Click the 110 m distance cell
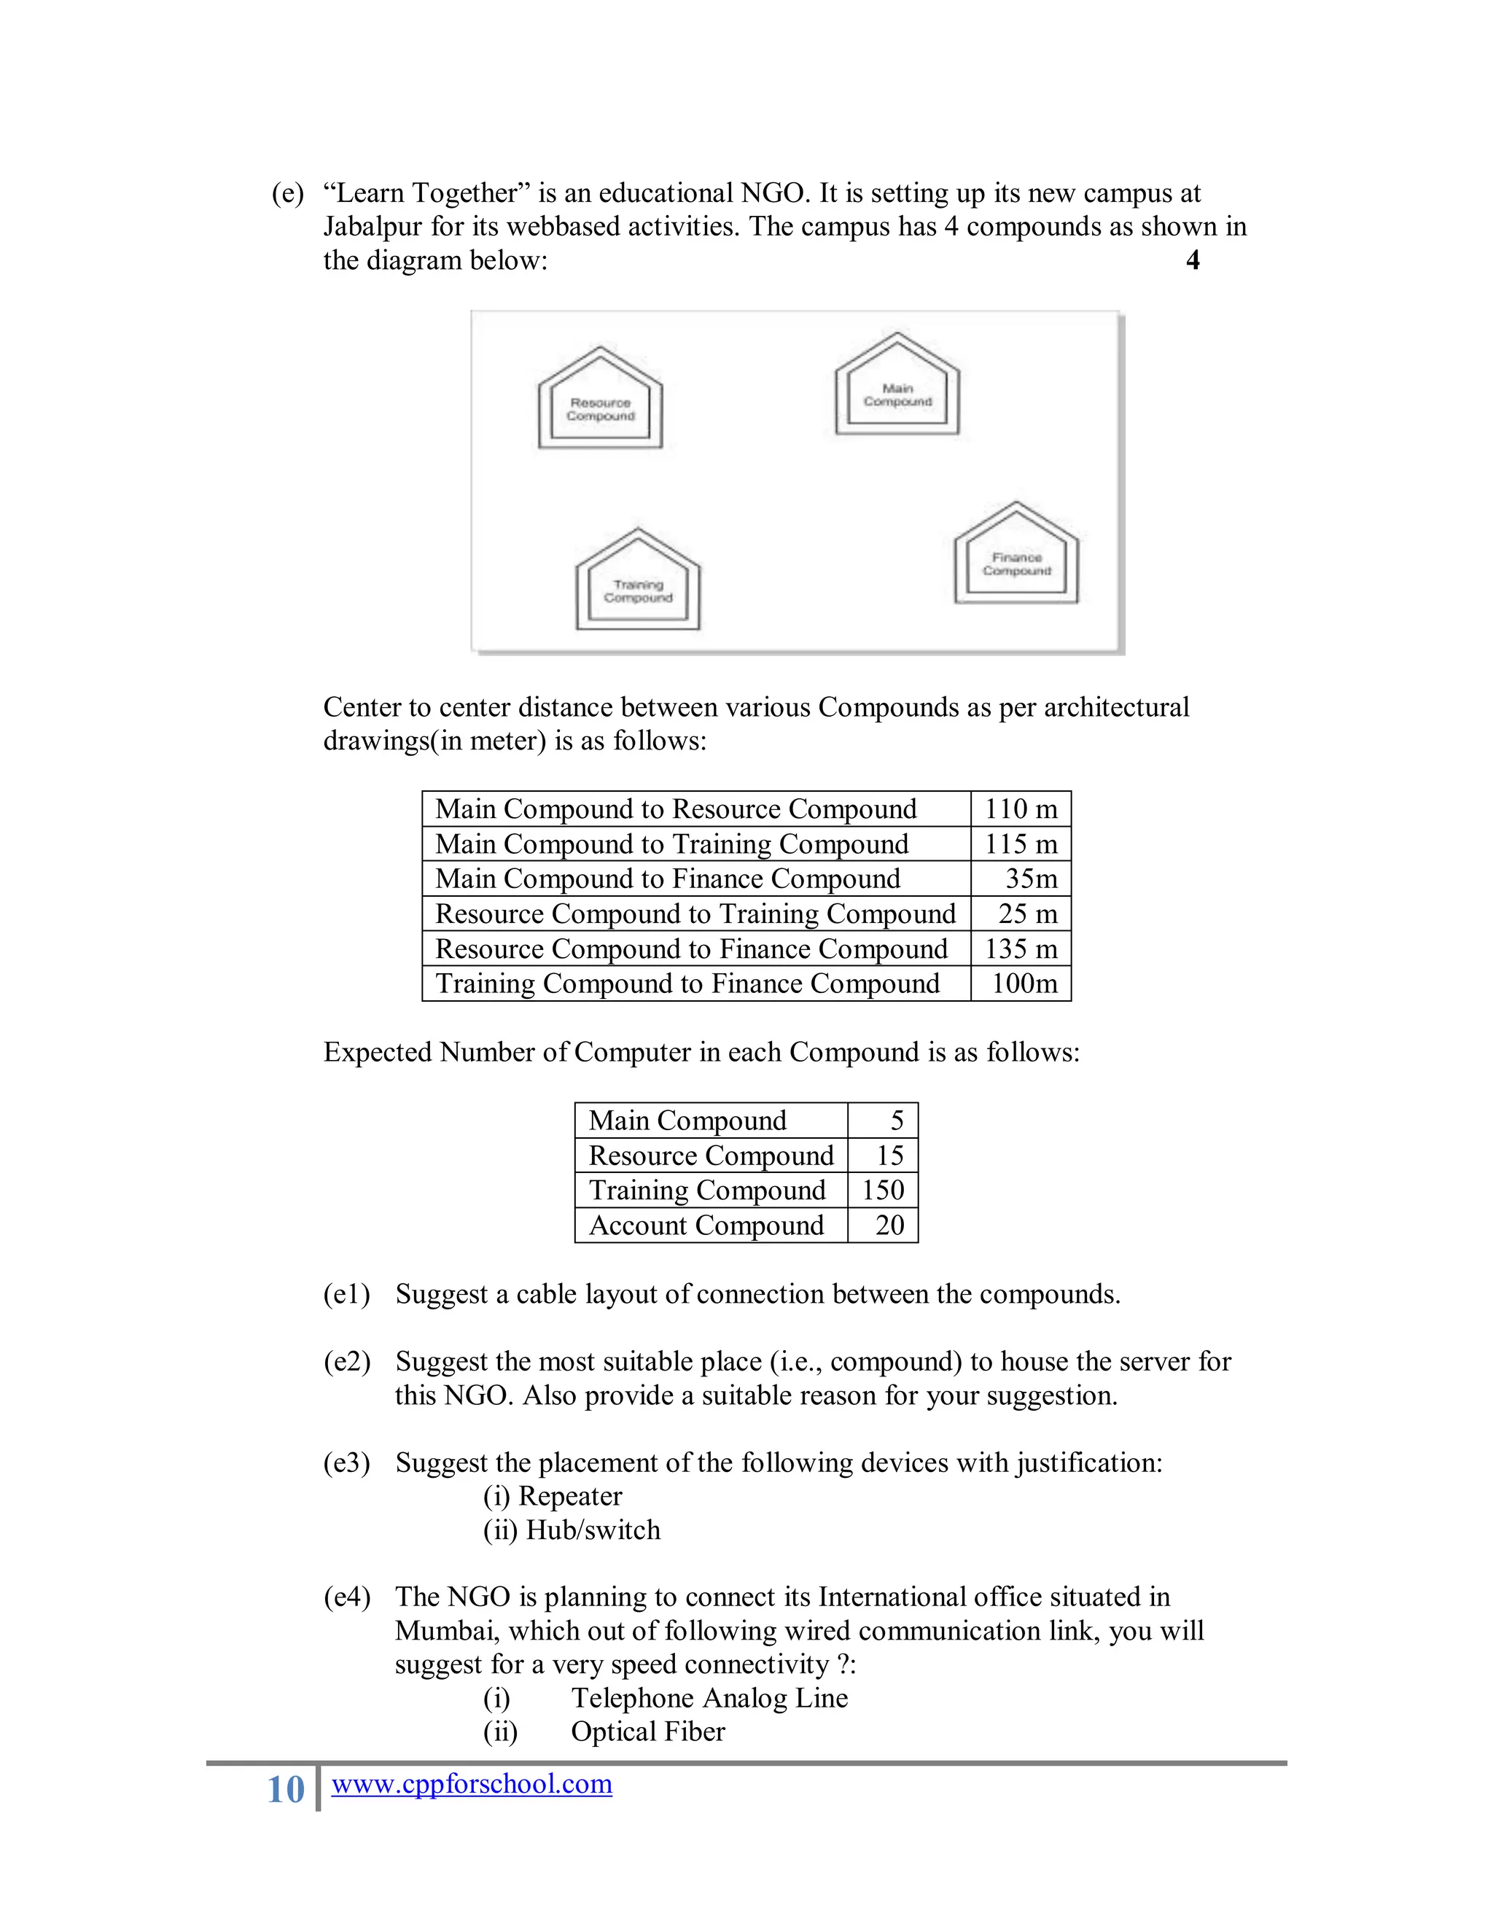pyautogui.click(x=1021, y=809)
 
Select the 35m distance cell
pyautogui.click(x=1030, y=879)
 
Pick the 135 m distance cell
pyautogui.click(x=1021, y=949)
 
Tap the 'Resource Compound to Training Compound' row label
pyautogui.click(x=695, y=914)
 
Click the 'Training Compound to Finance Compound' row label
pyautogui.click(x=687, y=983)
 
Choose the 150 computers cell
pyautogui.click(x=883, y=1190)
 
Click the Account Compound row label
pyautogui.click(x=706, y=1226)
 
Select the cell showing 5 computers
pyautogui.click(x=896, y=1121)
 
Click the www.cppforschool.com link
pyautogui.click(x=472, y=1783)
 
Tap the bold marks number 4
pyautogui.click(x=1192, y=260)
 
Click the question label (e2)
pyautogui.click(x=347, y=1361)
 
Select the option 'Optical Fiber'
pyautogui.click(x=647, y=1732)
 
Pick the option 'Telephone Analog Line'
pyautogui.click(x=709, y=1697)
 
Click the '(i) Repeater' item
pyautogui.click(x=553, y=1496)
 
